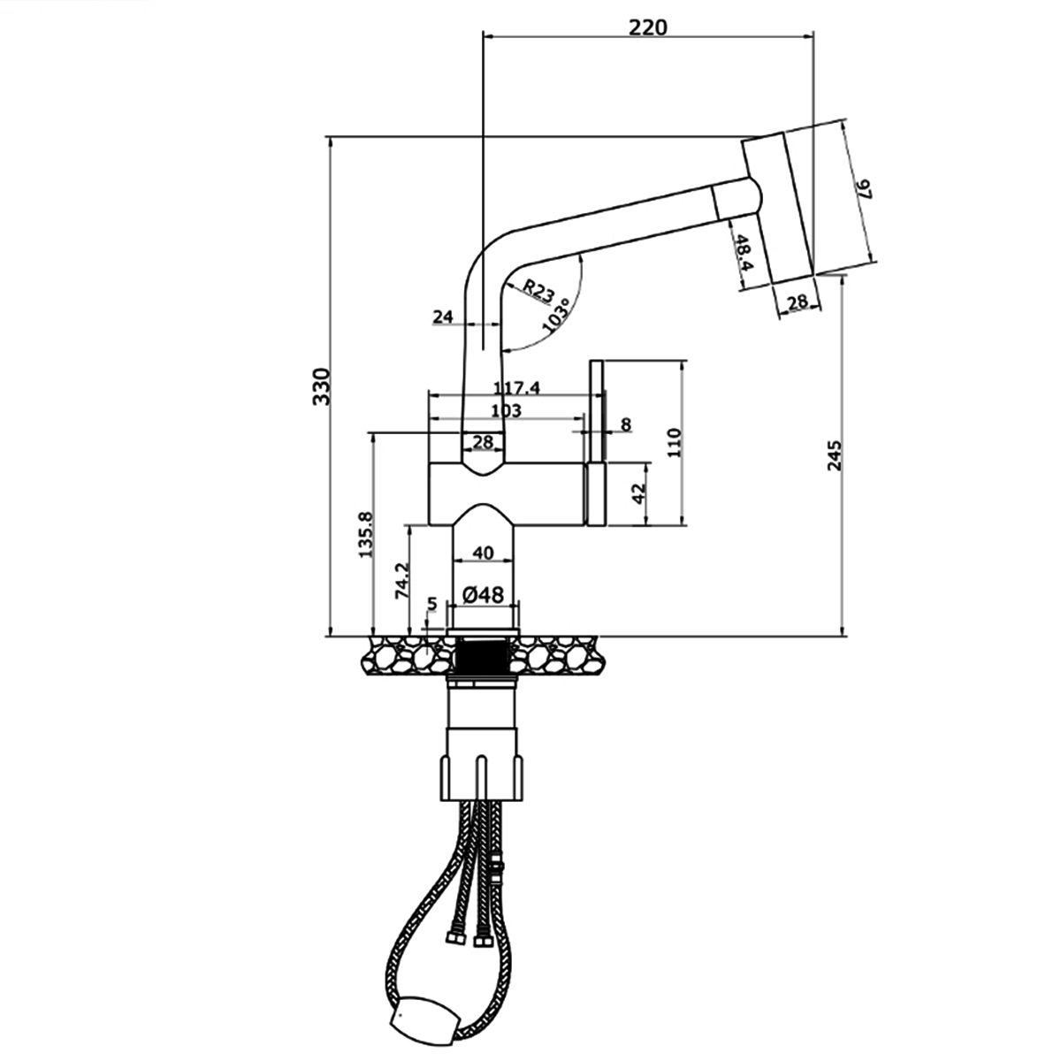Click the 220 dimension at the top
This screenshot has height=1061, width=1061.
(647, 27)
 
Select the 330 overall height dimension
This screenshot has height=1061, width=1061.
(322, 386)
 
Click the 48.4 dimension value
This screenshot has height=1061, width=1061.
(744, 253)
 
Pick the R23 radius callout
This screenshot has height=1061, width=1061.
(537, 290)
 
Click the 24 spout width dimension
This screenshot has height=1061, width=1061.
(443, 317)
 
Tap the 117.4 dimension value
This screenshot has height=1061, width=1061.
(516, 387)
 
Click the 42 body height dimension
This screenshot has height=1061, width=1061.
(638, 493)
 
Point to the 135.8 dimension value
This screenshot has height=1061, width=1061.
(365, 534)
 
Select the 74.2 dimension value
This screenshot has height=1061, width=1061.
(402, 580)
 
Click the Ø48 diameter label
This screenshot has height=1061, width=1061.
(483, 595)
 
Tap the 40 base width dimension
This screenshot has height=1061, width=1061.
(483, 553)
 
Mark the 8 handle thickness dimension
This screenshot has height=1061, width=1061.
(625, 424)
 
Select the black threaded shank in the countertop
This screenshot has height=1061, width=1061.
(484, 655)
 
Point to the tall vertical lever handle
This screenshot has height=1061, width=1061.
(596, 443)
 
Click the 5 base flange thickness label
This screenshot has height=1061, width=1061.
(431, 604)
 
